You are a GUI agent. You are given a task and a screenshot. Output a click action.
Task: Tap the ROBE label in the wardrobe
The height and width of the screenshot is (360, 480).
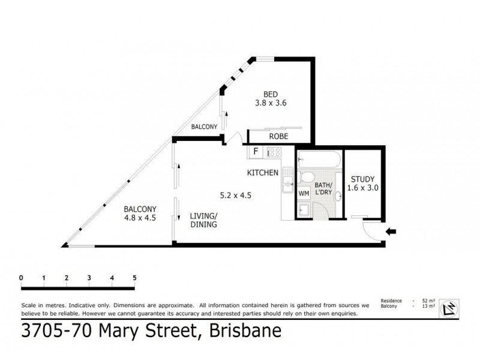tap(278, 137)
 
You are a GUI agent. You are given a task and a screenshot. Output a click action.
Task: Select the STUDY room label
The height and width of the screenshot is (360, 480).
tap(362, 179)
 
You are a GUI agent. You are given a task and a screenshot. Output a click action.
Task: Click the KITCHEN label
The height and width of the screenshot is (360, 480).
tap(263, 173)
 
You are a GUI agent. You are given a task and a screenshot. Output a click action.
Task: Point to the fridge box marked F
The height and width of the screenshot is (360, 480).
tap(256, 152)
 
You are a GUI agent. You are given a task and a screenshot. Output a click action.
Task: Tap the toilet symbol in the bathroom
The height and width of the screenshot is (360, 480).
tap(305, 178)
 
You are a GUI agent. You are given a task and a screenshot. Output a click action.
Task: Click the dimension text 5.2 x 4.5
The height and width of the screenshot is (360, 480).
tap(236, 194)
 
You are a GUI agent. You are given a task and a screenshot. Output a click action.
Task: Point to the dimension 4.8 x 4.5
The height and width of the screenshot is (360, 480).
tap(140, 218)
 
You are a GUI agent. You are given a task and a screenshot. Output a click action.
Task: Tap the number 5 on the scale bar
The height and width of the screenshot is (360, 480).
tap(135, 278)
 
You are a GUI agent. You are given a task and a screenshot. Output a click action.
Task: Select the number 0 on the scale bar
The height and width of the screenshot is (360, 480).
tap(21, 278)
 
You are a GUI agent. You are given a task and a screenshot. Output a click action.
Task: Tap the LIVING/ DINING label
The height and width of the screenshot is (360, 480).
tap(203, 220)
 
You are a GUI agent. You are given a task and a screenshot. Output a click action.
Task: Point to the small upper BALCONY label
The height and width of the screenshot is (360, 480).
tap(204, 127)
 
